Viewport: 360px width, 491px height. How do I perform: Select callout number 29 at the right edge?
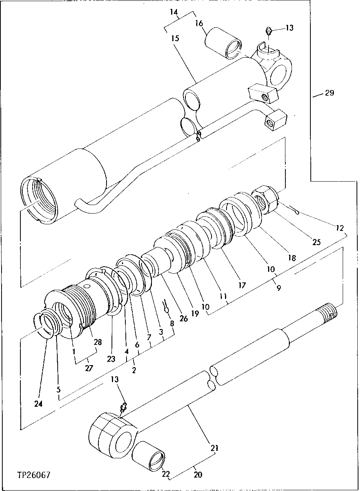click(x=329, y=93)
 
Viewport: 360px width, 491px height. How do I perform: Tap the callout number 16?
click(x=199, y=24)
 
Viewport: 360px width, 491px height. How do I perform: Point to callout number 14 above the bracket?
click(x=174, y=12)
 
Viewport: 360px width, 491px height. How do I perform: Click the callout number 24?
click(x=38, y=404)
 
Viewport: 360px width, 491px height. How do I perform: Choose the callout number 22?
click(x=165, y=474)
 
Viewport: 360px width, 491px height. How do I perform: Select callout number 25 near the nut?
click(x=316, y=242)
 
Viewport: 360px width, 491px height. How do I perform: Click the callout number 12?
click(x=339, y=228)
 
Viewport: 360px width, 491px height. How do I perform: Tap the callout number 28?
click(x=98, y=342)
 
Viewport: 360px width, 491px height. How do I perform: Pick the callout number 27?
click(x=89, y=368)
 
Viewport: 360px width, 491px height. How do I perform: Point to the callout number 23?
click(x=111, y=359)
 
